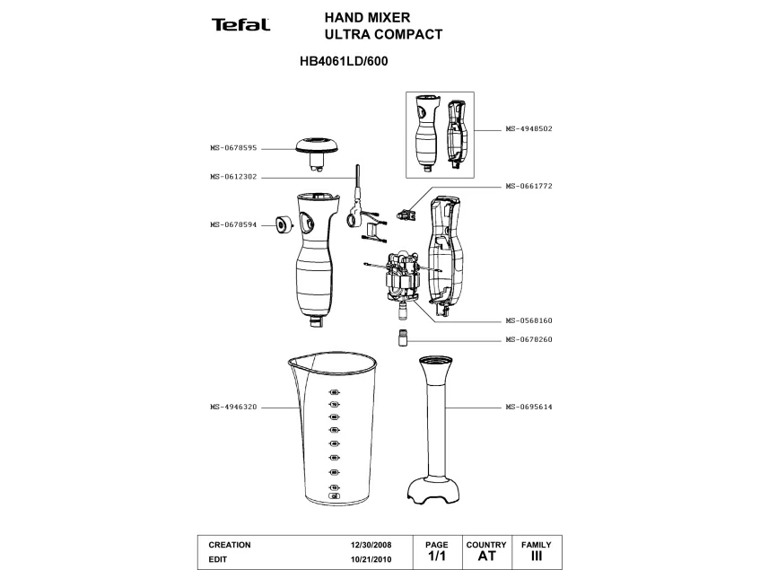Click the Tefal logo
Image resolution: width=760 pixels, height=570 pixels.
[240, 24]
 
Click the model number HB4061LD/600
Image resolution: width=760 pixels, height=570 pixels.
[344, 64]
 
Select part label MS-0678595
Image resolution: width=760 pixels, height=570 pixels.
[233, 148]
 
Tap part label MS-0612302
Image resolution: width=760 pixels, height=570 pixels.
[233, 177]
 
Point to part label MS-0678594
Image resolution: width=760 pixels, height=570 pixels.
[233, 225]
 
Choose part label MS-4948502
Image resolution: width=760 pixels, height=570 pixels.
[529, 129]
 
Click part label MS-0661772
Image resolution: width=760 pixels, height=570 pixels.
[529, 186]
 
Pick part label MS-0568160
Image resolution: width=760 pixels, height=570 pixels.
[529, 320]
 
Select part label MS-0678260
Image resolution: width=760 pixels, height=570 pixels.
[529, 340]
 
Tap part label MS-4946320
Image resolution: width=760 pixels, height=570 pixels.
[233, 408]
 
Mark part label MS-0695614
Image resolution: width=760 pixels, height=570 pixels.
[529, 408]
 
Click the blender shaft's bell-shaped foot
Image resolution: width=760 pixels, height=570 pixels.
[434, 490]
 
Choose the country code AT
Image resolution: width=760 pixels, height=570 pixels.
[486, 557]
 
